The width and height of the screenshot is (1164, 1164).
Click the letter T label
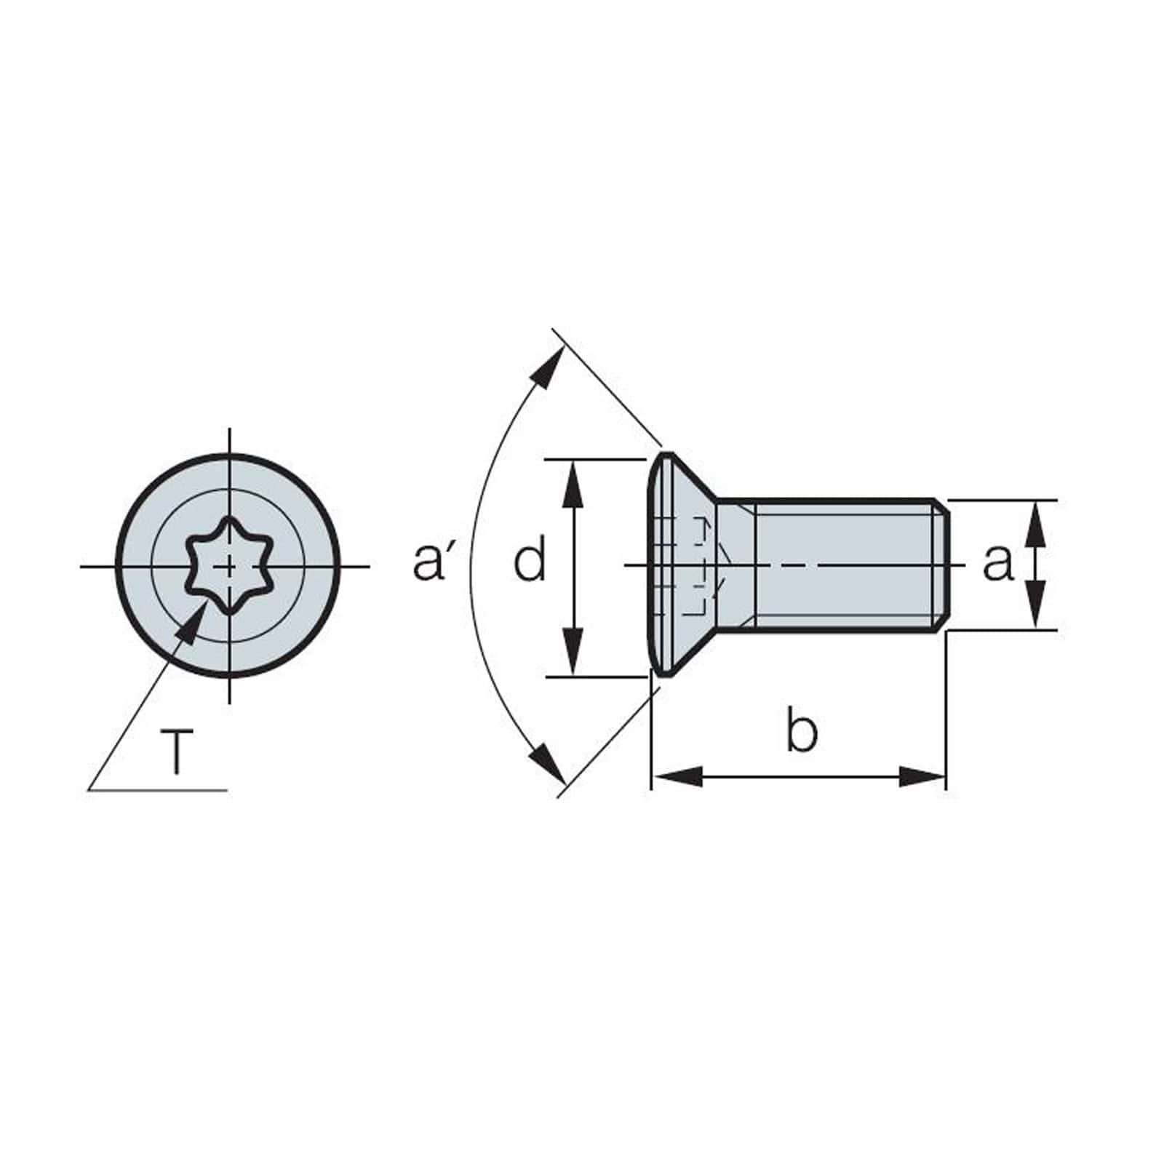click(x=177, y=753)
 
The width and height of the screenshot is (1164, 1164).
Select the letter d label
click(x=529, y=562)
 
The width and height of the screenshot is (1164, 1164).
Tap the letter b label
click(x=801, y=731)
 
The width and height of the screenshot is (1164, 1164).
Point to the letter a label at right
click(x=997, y=562)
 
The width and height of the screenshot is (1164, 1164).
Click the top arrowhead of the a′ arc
click(x=549, y=367)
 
